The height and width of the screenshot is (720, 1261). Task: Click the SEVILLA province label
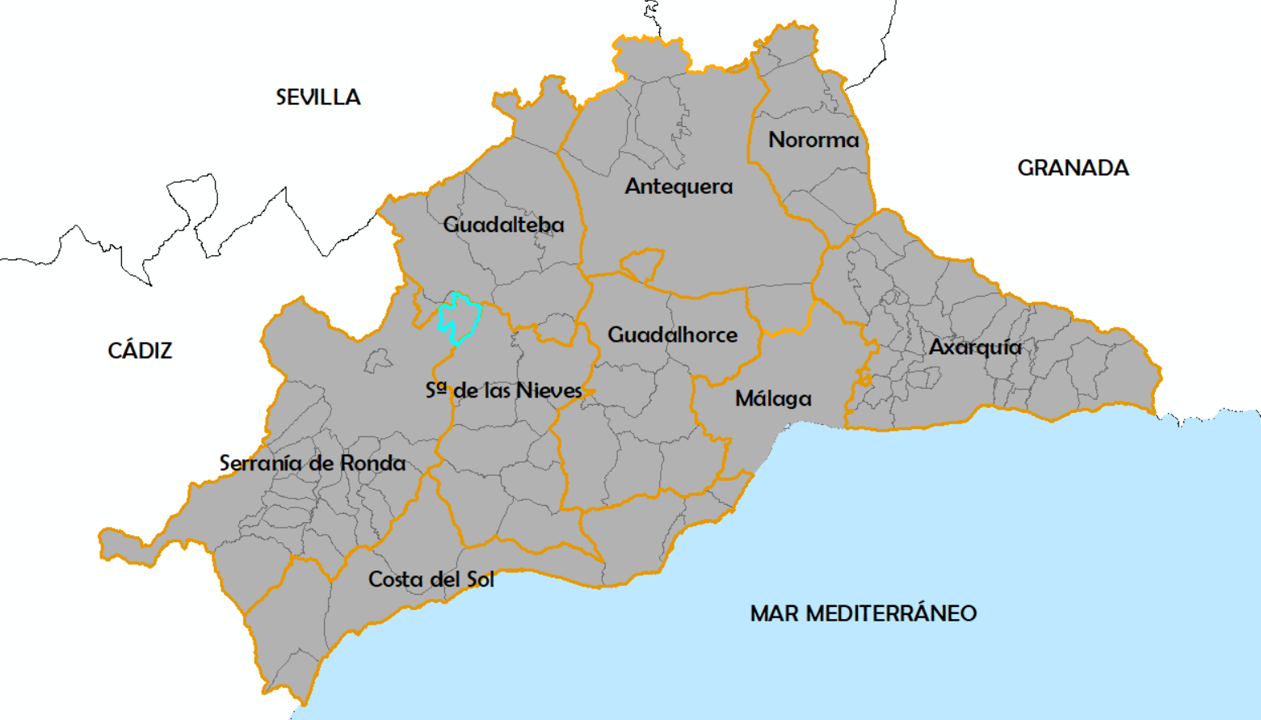(318, 98)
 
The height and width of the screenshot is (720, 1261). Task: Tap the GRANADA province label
(1073, 168)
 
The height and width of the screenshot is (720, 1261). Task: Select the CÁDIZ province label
(140, 351)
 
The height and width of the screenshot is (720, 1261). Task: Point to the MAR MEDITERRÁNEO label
(863, 613)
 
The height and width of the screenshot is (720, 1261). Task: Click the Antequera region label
(679, 187)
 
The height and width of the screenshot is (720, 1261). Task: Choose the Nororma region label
(813, 140)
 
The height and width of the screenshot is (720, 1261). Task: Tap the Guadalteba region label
(503, 225)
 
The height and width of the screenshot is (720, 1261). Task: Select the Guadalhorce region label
(672, 335)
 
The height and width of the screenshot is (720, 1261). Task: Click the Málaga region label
(773, 398)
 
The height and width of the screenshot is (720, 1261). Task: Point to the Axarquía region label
(975, 347)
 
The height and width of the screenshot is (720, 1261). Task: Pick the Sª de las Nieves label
(504, 391)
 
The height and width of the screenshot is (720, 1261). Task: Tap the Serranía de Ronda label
(313, 463)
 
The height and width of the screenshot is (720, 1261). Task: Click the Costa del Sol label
(431, 579)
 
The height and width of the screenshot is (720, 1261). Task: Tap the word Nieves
(549, 391)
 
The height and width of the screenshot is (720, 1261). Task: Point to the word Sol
(480, 579)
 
